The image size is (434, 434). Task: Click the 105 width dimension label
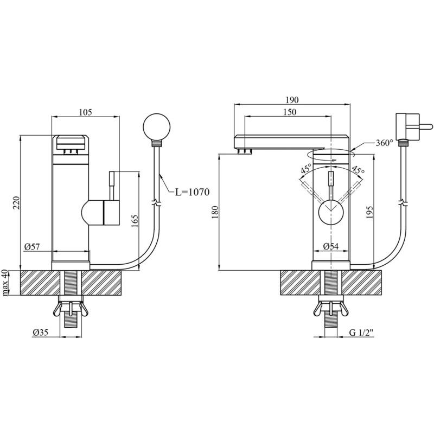86,112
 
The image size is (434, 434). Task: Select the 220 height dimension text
17,202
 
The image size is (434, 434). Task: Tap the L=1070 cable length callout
193,192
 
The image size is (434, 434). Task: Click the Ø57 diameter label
32,247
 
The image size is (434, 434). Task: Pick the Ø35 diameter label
40,332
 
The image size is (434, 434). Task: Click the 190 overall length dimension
292,100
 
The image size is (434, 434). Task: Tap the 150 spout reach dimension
290,112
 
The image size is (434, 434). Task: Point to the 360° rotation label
385,143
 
